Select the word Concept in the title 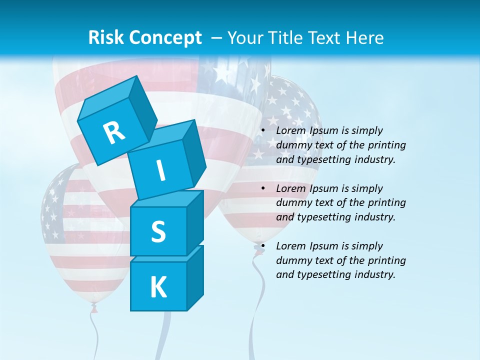click(x=164, y=38)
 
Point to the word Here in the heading click(x=366, y=37)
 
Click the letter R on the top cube click(x=114, y=133)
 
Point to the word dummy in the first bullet click(x=292, y=145)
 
